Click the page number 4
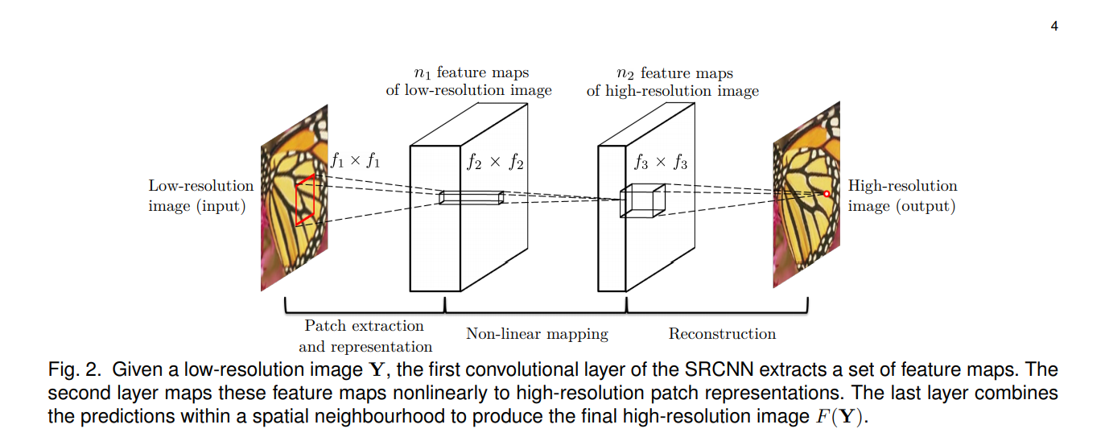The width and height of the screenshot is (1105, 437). (1054, 26)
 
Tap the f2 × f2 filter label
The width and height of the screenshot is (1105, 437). (495, 163)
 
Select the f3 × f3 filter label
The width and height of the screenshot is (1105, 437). (660, 163)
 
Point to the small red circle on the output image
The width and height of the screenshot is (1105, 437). (826, 194)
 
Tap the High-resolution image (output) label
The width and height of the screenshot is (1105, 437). (902, 196)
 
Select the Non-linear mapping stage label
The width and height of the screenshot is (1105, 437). (537, 333)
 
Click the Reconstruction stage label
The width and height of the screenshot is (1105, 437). (722, 333)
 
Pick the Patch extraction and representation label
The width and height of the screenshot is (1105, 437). (365, 336)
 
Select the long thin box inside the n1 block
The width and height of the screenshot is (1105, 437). (471, 198)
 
